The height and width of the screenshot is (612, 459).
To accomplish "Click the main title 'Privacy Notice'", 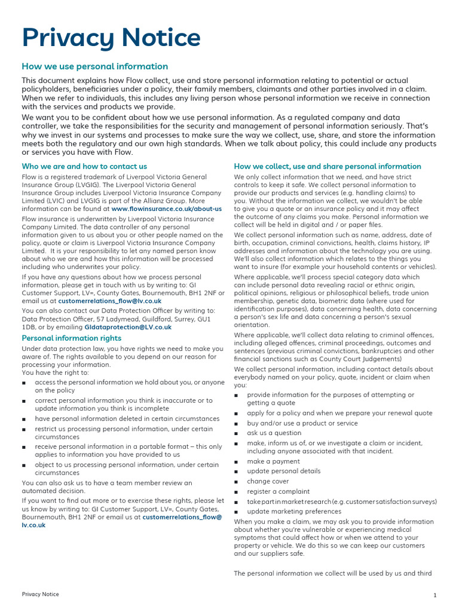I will [x=111, y=38].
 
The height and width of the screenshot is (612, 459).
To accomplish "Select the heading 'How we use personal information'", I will [x=95, y=66].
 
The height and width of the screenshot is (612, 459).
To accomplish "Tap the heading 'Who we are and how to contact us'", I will [x=84, y=166].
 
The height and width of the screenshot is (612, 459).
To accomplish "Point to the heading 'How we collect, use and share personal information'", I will [x=328, y=166].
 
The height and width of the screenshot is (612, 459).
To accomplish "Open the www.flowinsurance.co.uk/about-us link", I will [x=166, y=209].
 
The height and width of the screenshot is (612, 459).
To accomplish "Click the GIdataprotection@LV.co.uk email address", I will [x=128, y=327].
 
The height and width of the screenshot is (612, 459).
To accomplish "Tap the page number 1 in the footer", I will [x=435, y=595].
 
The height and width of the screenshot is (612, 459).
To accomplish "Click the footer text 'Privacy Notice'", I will [x=41, y=594].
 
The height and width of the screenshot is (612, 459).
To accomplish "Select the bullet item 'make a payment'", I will [x=273, y=461].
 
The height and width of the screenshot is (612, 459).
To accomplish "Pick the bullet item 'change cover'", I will [x=268, y=481].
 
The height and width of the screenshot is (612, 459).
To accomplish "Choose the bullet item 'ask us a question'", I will [x=274, y=433].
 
